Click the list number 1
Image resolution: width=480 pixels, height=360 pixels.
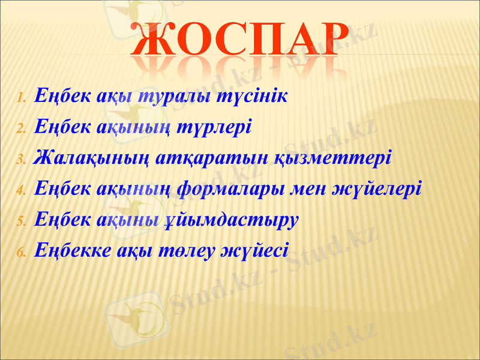click(20, 98)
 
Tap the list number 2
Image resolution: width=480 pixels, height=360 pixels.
click(20, 128)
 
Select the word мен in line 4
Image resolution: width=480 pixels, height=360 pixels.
click(310, 189)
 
